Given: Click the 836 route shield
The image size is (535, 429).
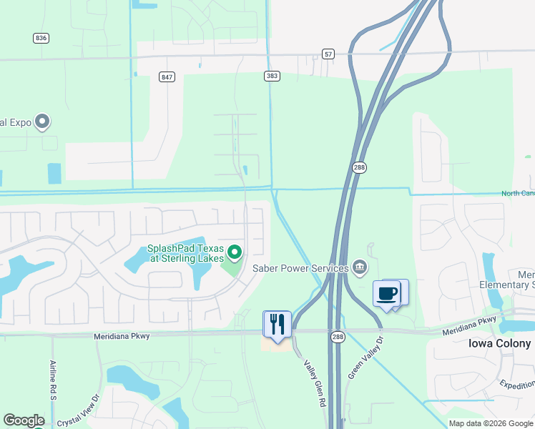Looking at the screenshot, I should tap(41, 37).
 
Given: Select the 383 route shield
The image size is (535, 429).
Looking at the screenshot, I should tap(272, 75).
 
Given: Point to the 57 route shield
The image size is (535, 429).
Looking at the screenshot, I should tap(328, 54).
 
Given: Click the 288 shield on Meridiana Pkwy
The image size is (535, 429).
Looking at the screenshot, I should tap(339, 335).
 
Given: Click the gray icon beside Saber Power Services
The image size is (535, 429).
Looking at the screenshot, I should tap(360, 267).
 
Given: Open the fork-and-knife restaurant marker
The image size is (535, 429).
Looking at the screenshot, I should tap(278, 324).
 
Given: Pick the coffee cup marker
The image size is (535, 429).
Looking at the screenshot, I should tap(387, 294).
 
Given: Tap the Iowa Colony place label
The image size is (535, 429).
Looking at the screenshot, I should tap(500, 343).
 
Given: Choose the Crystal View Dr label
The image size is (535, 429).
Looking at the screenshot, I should tap(78, 412).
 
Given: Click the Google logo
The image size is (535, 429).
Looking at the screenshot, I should tap(24, 420).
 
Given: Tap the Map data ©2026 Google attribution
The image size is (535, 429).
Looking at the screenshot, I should tap(491, 423).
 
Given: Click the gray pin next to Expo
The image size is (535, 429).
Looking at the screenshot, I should tap(42, 122).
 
